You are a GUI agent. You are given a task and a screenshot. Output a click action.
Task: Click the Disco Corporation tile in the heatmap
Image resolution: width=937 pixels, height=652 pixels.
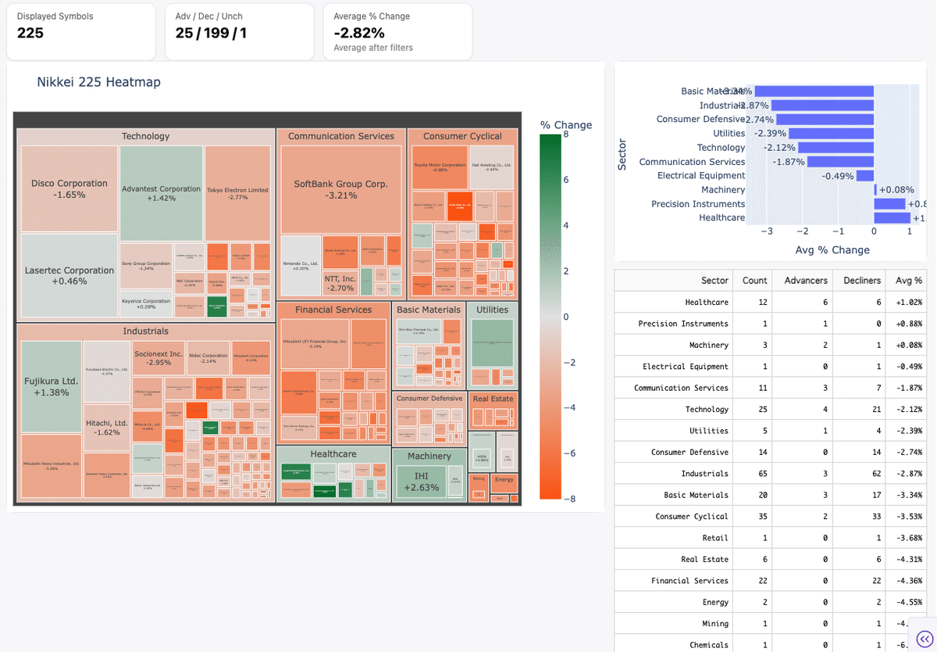pos(69,188)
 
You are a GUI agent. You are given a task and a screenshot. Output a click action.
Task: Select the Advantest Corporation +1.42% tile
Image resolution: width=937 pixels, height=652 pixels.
pos(162,193)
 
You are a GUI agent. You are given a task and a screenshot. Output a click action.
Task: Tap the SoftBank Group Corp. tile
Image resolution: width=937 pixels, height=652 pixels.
pos(340,189)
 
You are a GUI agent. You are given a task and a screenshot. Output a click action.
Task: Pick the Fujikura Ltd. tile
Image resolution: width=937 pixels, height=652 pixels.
pos(51,386)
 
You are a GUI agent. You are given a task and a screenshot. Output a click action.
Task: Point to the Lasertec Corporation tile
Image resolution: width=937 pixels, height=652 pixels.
pos(69,275)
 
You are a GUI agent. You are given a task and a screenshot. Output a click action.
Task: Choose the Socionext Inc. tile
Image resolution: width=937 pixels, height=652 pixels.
pos(158,358)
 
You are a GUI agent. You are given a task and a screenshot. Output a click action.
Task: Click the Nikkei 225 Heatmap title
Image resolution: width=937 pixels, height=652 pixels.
pos(98,82)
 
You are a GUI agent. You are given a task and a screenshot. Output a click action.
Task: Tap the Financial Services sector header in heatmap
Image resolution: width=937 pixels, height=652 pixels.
pos(333,310)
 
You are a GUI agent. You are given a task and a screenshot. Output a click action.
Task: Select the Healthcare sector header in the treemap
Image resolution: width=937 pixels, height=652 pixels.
pos(333,453)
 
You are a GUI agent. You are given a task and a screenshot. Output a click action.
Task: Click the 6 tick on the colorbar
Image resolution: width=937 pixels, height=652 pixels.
pos(565,180)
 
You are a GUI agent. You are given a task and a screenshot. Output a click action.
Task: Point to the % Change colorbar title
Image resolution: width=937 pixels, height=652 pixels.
pos(565,125)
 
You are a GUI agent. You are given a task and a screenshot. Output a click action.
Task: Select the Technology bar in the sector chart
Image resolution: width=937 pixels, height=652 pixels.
pos(835,147)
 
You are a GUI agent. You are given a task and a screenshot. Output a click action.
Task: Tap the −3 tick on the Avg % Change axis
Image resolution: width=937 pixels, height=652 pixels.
pos(767,231)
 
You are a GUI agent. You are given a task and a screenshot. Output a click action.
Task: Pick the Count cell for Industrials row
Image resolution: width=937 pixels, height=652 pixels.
pos(754,474)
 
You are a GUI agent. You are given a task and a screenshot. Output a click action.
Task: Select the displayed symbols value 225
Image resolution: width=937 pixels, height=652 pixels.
pos(30,33)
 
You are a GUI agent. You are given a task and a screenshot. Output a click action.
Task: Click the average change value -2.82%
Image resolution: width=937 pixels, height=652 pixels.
pos(359,33)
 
